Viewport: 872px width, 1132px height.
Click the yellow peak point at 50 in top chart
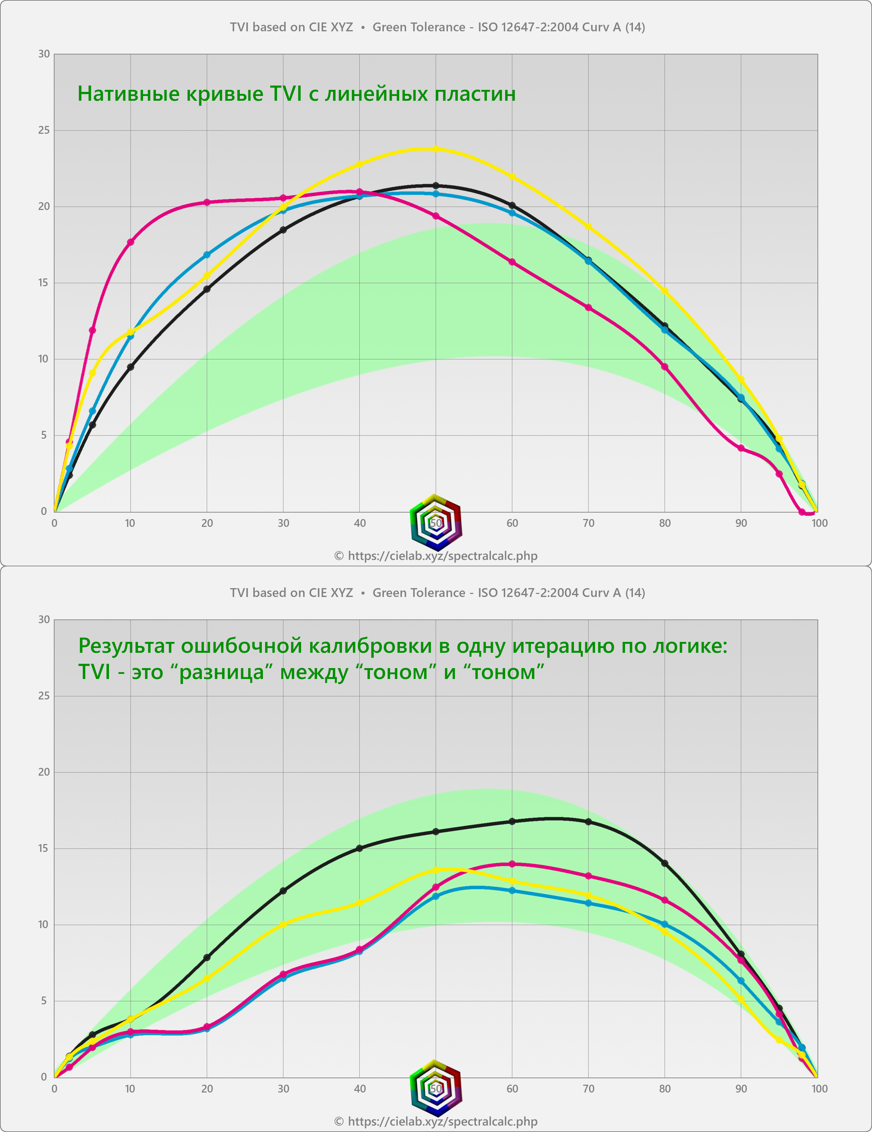point(436,149)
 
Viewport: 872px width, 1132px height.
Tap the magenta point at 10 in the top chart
point(131,242)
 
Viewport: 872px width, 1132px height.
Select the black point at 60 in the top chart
point(512,205)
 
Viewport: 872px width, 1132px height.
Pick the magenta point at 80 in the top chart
point(665,367)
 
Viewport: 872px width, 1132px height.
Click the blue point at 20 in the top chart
point(207,255)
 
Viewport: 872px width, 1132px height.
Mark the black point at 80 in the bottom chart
point(665,863)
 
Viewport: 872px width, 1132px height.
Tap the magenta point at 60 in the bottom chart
point(512,864)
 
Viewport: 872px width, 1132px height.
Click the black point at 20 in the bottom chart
point(207,958)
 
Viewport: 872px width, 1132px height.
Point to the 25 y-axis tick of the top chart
point(44,130)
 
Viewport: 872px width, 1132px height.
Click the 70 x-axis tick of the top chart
point(588,523)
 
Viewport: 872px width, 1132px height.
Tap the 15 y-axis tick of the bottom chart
point(44,848)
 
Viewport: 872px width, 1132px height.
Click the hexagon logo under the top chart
point(436,522)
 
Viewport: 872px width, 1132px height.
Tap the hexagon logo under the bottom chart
point(436,1088)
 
